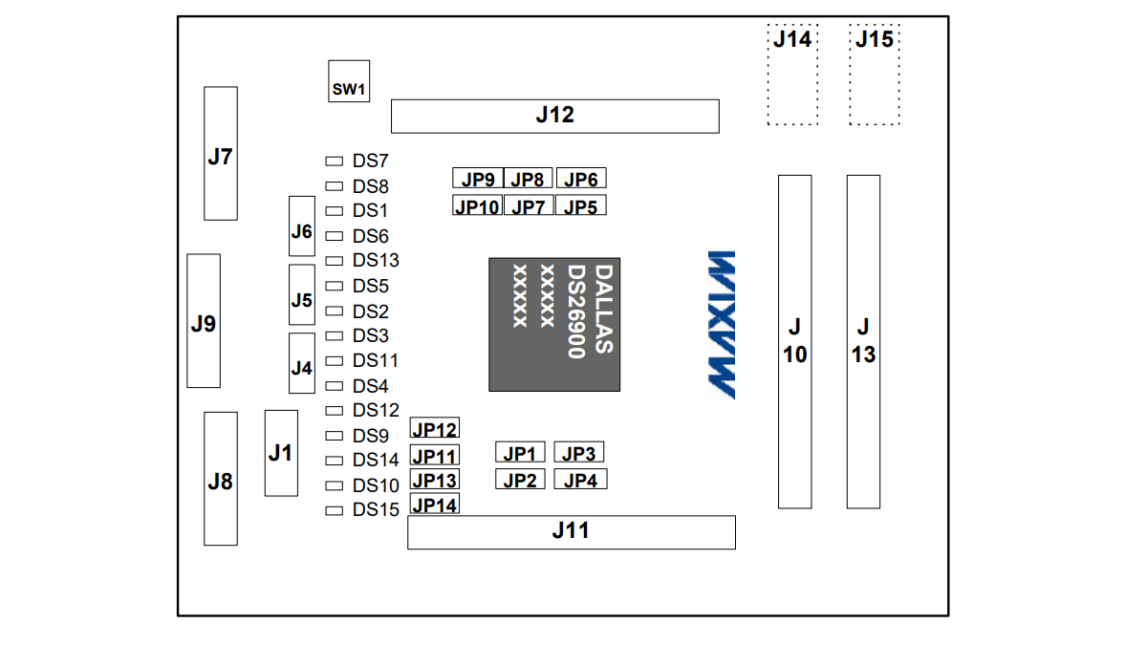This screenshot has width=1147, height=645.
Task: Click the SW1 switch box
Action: (x=349, y=81)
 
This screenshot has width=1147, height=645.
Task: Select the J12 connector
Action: (x=555, y=117)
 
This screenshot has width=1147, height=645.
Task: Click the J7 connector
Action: (x=221, y=154)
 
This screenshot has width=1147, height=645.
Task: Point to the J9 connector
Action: (x=204, y=321)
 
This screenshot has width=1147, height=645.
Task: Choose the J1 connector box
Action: (x=281, y=453)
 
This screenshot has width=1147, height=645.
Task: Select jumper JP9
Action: (x=478, y=178)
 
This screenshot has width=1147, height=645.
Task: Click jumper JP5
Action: (x=581, y=205)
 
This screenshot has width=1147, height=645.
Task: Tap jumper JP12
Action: (x=434, y=428)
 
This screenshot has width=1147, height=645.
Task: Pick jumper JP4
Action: (x=581, y=479)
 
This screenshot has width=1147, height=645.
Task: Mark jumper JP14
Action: (x=434, y=504)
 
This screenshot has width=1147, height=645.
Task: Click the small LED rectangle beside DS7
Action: (x=334, y=161)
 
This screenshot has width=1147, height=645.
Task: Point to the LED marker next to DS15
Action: (x=334, y=511)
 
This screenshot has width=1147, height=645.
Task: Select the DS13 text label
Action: (x=376, y=260)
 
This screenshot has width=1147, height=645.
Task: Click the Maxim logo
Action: (x=722, y=325)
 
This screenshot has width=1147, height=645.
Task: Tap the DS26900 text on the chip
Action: (x=576, y=312)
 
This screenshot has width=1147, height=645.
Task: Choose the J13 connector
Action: (x=863, y=342)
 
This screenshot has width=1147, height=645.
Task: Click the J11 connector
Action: (x=572, y=532)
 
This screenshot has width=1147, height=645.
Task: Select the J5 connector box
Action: (x=302, y=295)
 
